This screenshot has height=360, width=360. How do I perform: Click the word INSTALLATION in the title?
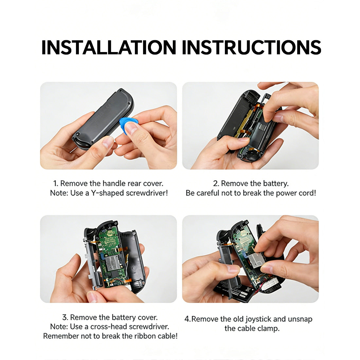pyautogui.click(x=109, y=47)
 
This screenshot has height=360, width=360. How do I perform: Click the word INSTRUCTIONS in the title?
pyautogui.click(x=251, y=47)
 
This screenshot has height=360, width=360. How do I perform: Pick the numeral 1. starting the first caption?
pyautogui.click(x=56, y=184)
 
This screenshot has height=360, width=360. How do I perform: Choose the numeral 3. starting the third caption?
pyautogui.click(x=65, y=317)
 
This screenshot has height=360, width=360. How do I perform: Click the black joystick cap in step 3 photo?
pyautogui.click(x=90, y=233)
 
